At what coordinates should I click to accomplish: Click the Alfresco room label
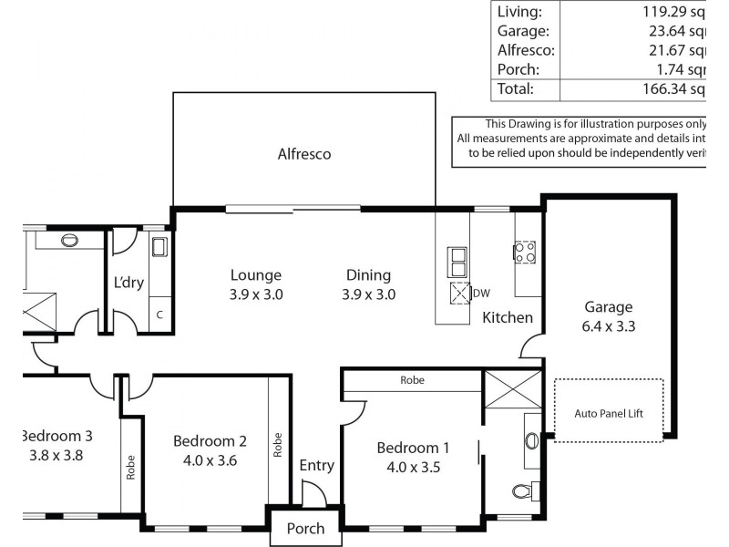[304, 154]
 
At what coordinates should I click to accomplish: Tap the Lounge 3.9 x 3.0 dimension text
[256, 294]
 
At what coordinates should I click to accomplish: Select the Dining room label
[368, 274]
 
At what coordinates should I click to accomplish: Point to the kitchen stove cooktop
[525, 252]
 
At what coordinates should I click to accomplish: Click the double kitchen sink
[457, 262]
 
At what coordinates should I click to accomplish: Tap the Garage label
[609, 307]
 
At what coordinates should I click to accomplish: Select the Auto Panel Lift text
[609, 413]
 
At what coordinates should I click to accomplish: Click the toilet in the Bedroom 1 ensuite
[522, 492]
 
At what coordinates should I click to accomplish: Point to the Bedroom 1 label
[413, 448]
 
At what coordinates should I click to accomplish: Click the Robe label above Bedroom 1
[411, 380]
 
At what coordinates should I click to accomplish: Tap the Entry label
[316, 465]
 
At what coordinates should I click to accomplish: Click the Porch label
[305, 529]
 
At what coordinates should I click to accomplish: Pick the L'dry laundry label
[128, 282]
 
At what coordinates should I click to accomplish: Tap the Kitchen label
[507, 317]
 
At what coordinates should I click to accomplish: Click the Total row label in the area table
[513, 88]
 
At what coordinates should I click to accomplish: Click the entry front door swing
[313, 495]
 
